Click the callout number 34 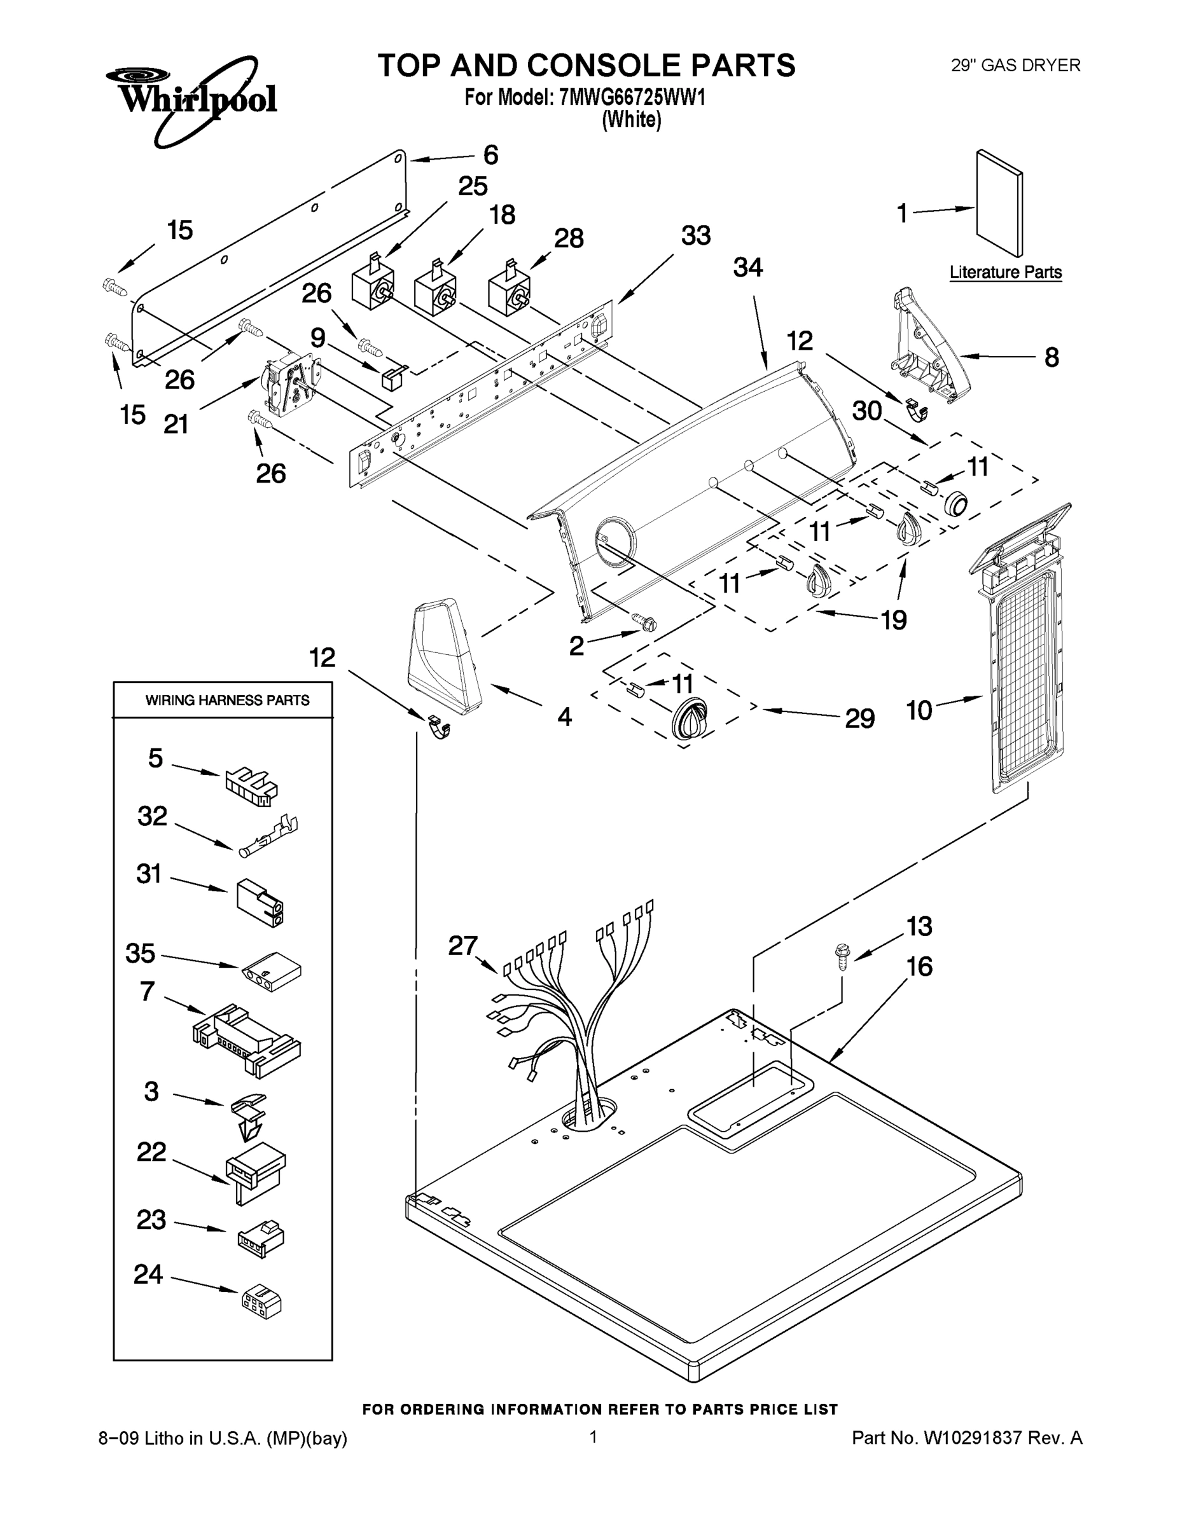pos(747,268)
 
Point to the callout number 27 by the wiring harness pos(462,946)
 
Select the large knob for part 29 pos(690,720)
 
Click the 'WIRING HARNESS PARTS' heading pos(227,700)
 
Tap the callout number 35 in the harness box pos(140,953)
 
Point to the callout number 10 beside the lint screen pos(919,711)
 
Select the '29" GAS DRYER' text pos(1015,65)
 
